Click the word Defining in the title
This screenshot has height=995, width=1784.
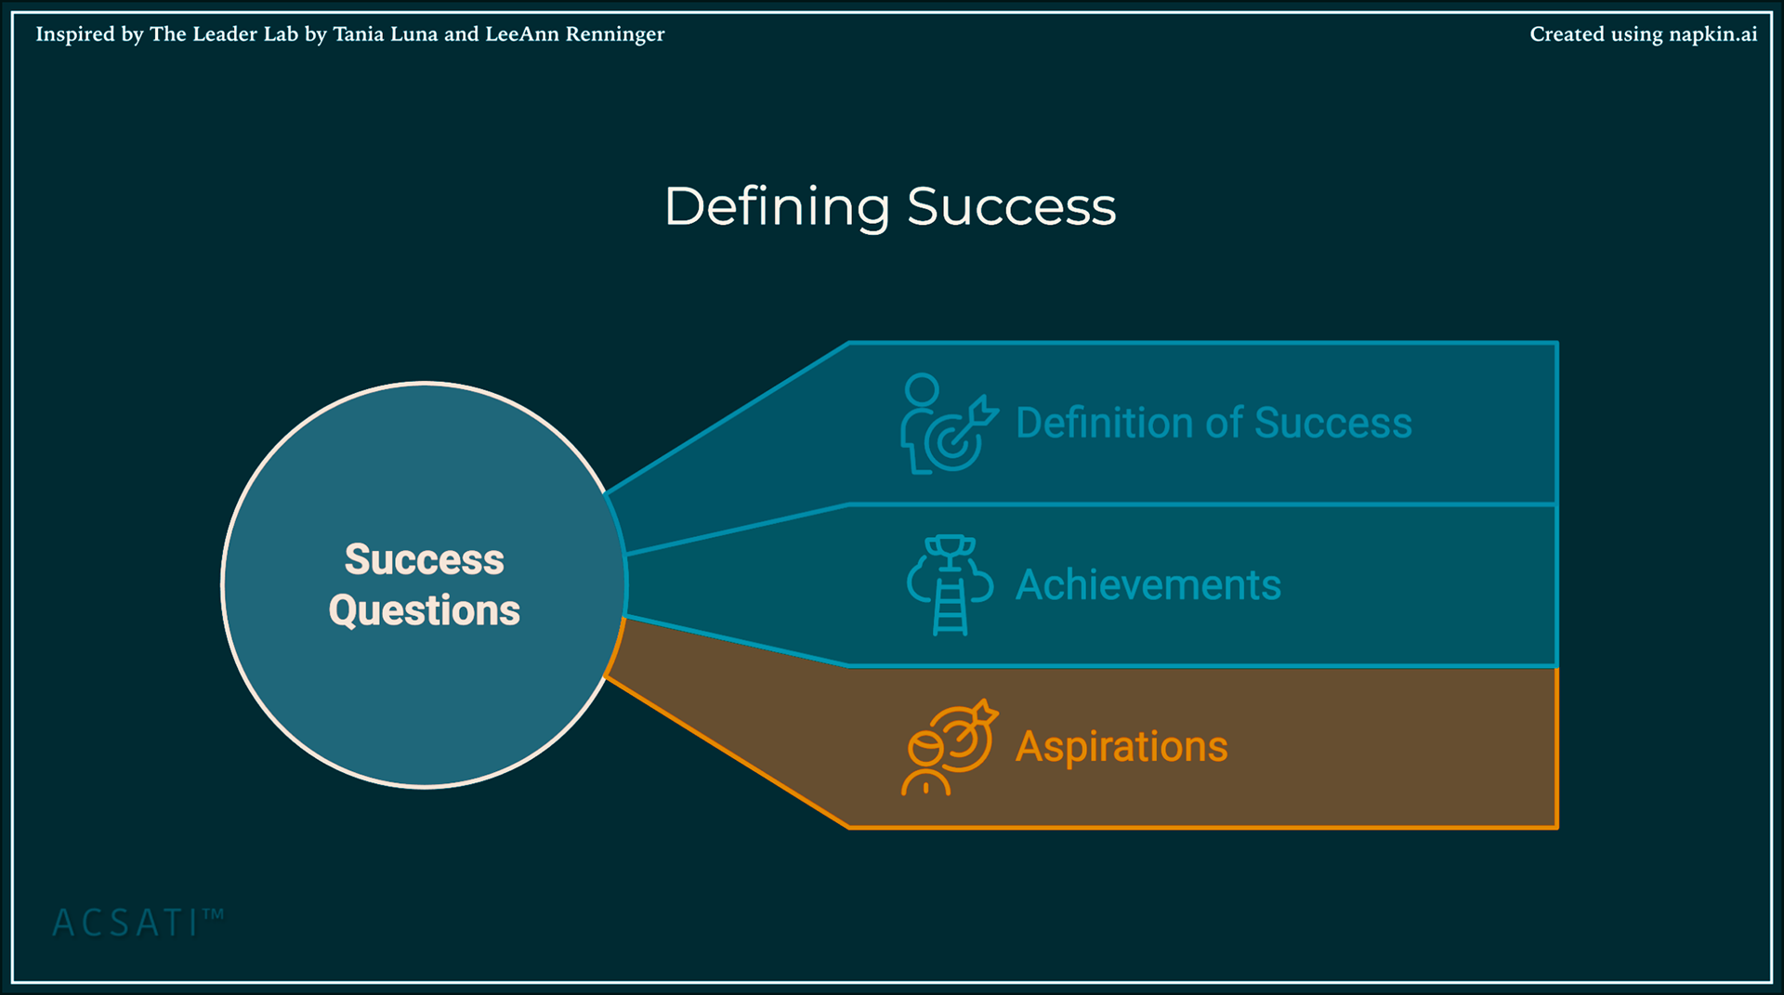777,206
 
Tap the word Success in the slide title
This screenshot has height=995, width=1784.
1011,206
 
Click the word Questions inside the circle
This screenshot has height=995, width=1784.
425,610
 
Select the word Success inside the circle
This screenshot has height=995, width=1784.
425,559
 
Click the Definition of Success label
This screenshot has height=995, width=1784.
1213,424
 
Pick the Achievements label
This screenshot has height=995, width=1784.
1148,585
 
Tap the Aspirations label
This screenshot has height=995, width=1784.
1122,747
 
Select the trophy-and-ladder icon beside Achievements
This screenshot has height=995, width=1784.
950,585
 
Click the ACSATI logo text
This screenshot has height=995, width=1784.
125,923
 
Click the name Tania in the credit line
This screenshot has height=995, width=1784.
358,34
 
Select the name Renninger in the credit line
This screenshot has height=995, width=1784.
615,34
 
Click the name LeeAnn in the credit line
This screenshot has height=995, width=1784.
522,34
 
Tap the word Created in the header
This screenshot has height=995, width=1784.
1568,34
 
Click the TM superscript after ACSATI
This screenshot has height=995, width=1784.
213,914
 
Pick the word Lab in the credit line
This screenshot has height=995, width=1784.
282,34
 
